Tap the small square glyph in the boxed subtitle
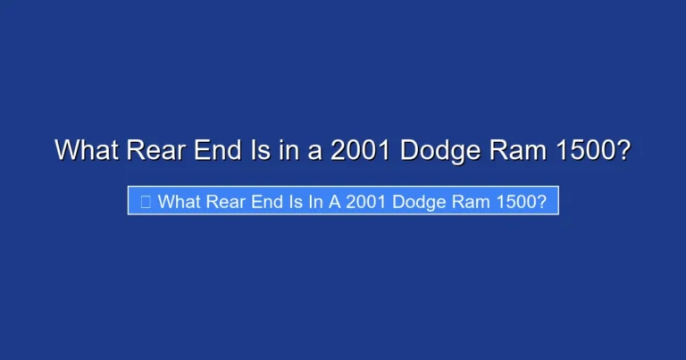click(x=145, y=202)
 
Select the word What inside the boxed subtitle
click(x=180, y=202)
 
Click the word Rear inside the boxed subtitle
click(x=230, y=202)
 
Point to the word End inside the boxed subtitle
click(x=273, y=202)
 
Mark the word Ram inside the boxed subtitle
click(x=486, y=202)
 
